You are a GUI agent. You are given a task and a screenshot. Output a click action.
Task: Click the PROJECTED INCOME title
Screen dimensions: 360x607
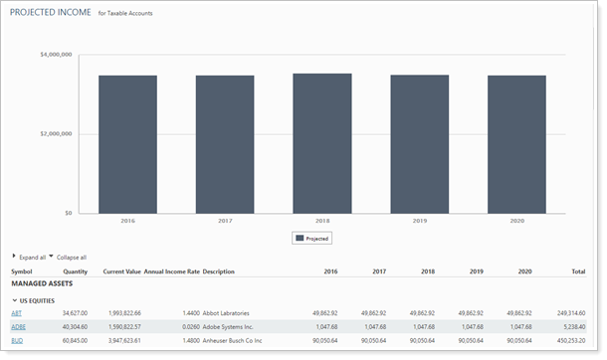point(50,13)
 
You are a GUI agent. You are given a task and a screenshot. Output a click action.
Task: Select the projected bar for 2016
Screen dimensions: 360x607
point(127,144)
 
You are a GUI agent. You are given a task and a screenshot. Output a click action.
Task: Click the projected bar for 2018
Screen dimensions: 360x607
point(321,143)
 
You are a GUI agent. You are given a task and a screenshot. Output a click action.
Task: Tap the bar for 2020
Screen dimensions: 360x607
point(515,144)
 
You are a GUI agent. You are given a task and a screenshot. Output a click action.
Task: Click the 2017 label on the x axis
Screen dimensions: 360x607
point(225,222)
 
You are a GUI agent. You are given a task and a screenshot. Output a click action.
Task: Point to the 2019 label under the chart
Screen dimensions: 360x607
point(419,222)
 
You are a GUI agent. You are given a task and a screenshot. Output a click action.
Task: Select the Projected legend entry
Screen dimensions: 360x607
point(311,239)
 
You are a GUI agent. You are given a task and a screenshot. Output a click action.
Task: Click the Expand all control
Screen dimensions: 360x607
point(30,257)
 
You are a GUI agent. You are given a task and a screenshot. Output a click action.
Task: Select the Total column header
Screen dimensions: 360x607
point(577,270)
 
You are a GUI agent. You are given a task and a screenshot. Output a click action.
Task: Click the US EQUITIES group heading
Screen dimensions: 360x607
point(37,299)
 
